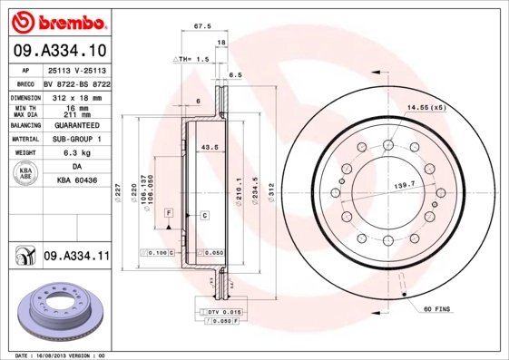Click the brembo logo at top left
(56, 19)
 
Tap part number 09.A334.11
(75, 257)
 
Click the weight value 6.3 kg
(77, 153)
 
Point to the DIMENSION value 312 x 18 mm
(77, 96)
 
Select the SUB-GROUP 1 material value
(77, 139)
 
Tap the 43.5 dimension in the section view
(210, 147)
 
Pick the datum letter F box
(169, 211)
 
